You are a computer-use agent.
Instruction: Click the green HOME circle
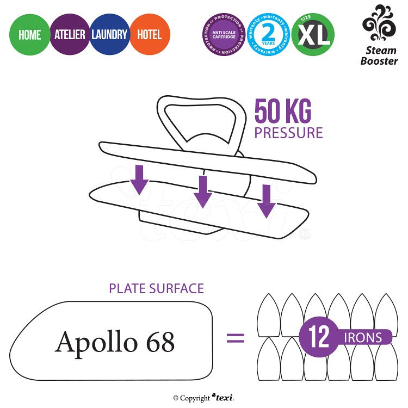(x=30, y=35)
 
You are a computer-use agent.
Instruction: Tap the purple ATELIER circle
(x=70, y=35)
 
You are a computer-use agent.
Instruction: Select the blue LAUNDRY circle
(x=109, y=35)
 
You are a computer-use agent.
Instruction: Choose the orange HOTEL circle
(x=150, y=35)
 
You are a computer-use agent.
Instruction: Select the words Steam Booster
(x=379, y=55)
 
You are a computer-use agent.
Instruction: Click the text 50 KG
(x=283, y=113)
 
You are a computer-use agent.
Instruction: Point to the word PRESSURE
(x=288, y=133)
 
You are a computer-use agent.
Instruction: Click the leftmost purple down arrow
(x=140, y=180)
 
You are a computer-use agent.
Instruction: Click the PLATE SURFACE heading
(x=156, y=288)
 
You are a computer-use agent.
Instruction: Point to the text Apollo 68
(x=115, y=342)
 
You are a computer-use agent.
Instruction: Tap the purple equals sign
(x=235, y=338)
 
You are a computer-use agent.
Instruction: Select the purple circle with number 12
(x=319, y=337)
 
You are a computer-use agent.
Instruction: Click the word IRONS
(x=363, y=337)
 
